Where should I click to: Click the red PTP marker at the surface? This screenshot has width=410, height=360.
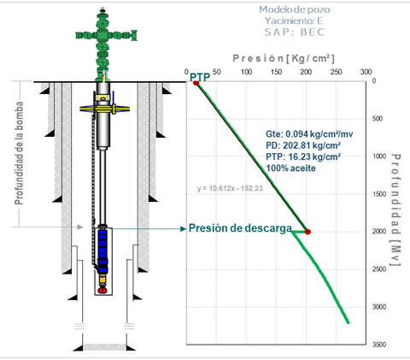coord(196,83)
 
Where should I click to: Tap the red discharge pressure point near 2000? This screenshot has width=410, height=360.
coord(307,232)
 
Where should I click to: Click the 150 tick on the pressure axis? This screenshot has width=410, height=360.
coord(277,72)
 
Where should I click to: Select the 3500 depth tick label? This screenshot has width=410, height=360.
coord(379,345)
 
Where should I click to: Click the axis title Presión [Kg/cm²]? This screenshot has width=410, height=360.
coord(284,58)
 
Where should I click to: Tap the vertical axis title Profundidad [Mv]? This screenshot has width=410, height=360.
coord(395,210)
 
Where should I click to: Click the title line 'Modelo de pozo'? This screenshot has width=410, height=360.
coord(295,9)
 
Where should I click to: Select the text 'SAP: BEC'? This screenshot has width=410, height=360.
coord(295,32)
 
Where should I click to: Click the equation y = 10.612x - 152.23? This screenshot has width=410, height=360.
coord(230,188)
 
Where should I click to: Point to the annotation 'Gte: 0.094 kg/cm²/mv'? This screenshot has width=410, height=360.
coord(309,134)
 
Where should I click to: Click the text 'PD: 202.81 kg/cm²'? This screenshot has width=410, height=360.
coord(303,145)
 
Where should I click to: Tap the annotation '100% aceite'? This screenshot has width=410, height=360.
coord(290,168)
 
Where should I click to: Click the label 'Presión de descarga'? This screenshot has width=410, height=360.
coord(240,228)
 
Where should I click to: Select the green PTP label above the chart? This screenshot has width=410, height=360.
coord(200,77)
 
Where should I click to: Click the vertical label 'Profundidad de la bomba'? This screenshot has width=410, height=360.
coord(19,153)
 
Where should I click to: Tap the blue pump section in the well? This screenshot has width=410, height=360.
coord(102,251)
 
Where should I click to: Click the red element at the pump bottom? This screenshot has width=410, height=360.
coord(102,291)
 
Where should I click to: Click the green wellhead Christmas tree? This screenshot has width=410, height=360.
coord(106,45)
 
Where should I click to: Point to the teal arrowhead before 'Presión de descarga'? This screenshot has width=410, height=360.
coord(184,228)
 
